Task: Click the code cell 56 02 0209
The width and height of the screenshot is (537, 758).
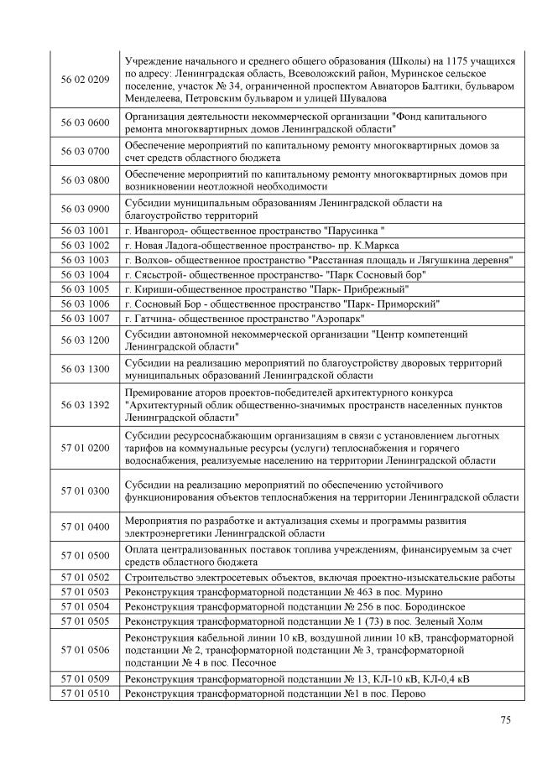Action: [x=86, y=80]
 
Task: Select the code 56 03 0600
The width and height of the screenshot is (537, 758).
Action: [x=86, y=122]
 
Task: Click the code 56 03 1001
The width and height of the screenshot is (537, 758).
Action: [x=86, y=231]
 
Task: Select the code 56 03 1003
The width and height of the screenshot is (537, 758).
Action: [x=86, y=260]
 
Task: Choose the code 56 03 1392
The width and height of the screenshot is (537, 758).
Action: [x=86, y=404]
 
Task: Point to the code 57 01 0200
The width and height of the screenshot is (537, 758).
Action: [x=86, y=448]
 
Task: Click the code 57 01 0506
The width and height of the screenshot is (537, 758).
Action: [x=86, y=650]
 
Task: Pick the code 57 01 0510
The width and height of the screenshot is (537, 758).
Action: [x=86, y=693]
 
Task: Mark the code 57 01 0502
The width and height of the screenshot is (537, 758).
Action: [x=86, y=578]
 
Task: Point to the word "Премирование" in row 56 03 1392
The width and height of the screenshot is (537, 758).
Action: [x=159, y=392]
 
